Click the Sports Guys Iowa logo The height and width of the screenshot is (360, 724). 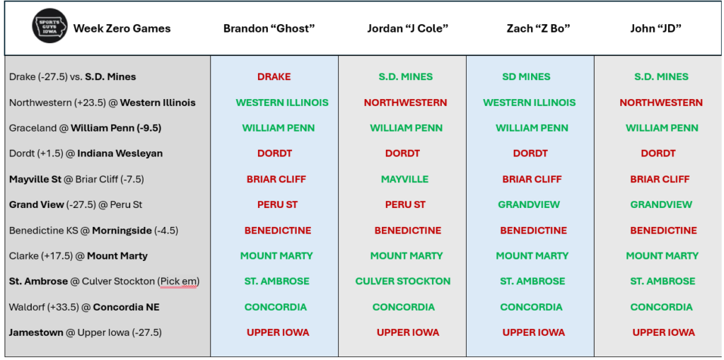(49, 28)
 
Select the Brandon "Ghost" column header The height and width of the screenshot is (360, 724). (269, 28)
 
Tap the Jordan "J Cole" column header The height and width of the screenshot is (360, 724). (408, 28)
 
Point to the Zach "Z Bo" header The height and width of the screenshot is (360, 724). (538, 28)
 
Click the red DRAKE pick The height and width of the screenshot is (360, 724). (274, 76)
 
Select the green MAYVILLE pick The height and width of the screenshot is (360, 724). (404, 179)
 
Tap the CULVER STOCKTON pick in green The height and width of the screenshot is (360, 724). (402, 281)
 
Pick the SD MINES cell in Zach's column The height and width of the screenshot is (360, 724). (526, 76)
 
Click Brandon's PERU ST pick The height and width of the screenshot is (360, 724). (277, 204)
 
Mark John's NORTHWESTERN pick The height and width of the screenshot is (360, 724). (661, 103)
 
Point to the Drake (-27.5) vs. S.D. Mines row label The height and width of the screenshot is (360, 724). (73, 76)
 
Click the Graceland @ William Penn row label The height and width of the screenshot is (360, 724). (86, 128)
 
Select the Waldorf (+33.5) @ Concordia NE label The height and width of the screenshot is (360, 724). (85, 307)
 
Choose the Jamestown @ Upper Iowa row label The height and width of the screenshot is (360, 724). (86, 332)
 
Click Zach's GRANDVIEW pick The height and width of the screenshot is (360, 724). (529, 204)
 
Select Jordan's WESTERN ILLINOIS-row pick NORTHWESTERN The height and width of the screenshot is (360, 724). (405, 103)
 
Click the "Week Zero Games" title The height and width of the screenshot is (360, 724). (122, 28)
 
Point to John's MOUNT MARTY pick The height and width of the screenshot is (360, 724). (662, 255)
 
